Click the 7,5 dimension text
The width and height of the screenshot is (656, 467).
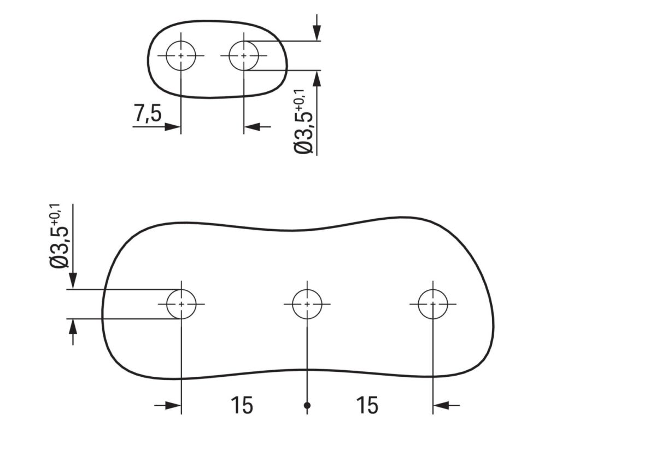148,113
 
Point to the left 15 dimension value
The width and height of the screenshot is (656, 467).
242,405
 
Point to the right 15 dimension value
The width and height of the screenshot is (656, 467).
367,405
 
